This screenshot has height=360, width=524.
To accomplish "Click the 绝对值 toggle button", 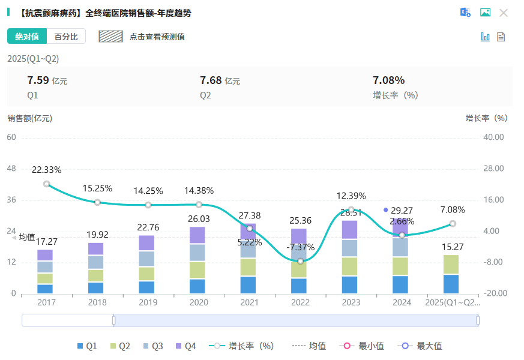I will (26, 37).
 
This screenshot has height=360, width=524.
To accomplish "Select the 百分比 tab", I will (66, 37).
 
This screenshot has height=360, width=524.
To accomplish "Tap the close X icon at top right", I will (504, 13).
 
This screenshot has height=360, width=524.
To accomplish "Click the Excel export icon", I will (465, 13).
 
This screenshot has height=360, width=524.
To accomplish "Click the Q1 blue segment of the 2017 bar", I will (45, 289).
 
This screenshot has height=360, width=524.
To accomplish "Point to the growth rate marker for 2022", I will (300, 261).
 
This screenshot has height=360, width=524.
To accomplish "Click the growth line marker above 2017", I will (47, 184).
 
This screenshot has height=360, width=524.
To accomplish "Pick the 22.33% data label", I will (47, 170).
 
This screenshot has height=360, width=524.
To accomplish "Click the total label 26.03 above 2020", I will (199, 219).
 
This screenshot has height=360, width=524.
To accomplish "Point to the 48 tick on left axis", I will (11, 169).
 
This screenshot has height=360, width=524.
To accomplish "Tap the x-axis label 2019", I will (148, 303).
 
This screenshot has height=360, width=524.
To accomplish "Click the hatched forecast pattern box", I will (110, 37).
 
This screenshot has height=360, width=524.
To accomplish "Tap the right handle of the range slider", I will (478, 320).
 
